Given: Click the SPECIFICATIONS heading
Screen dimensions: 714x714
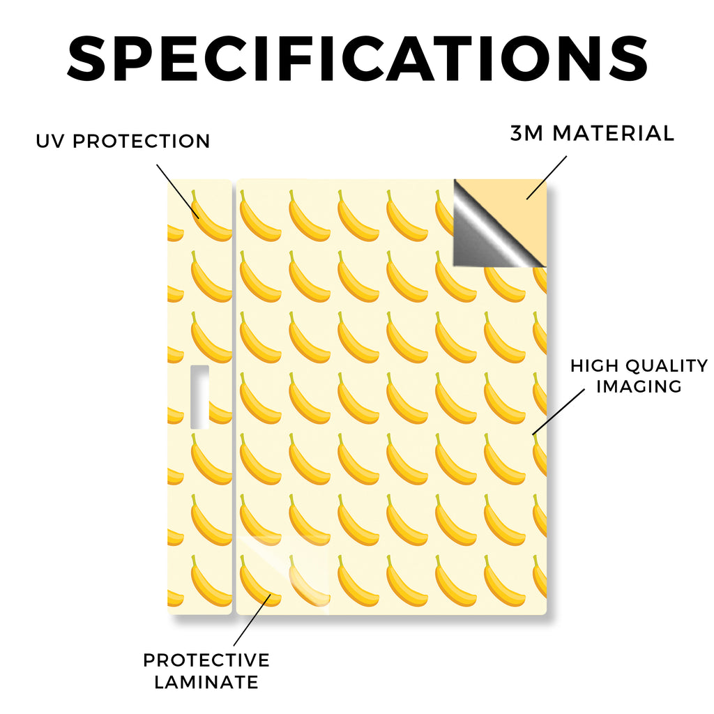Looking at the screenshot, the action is pos(358,59).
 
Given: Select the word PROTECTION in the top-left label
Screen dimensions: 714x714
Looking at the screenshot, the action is pos(141,141).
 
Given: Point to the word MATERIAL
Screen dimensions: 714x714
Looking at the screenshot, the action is pos(613,133).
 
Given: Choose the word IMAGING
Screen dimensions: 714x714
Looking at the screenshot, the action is pos(639,386).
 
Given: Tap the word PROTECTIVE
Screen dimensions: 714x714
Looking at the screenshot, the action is pos(206,660).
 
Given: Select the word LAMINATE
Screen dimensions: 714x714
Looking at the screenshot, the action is pos(206,682).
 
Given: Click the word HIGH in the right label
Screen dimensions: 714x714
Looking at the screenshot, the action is pos(594,365).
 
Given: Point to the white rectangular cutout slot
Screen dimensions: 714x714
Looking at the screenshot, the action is pos(199,397).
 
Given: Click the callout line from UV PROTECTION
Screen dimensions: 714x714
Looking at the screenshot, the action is pos(178,191).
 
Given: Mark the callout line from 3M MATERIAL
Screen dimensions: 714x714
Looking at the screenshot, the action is pos(547,178).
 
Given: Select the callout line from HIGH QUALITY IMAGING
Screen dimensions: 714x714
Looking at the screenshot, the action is pos(559,411).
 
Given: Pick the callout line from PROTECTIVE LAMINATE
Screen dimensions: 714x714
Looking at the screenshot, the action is pos(252,620).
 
